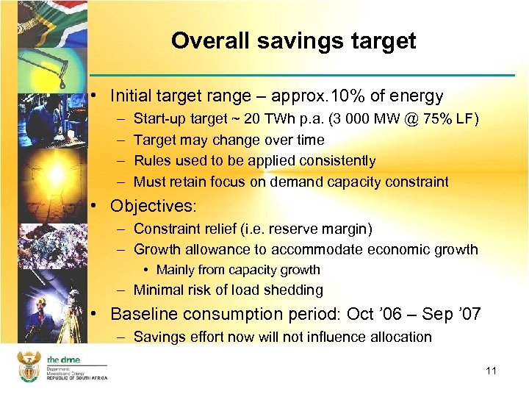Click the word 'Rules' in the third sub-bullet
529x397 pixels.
point(152,160)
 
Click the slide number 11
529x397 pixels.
point(491,371)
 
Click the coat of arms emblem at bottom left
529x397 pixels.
point(29,365)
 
